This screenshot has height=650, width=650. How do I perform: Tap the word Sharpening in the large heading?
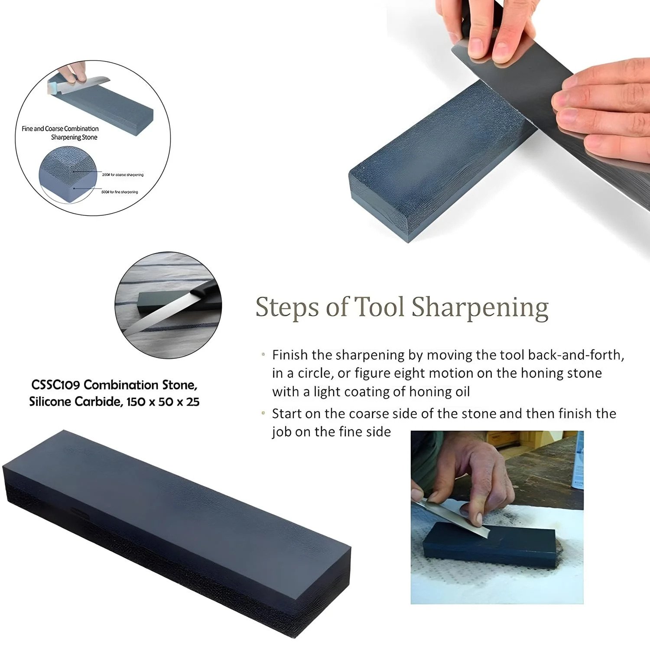click(x=480, y=308)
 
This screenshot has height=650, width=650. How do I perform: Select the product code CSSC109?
click(x=55, y=385)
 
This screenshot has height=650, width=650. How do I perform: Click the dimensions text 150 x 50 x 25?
click(x=163, y=402)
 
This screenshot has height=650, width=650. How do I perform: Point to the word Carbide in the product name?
click(x=98, y=402)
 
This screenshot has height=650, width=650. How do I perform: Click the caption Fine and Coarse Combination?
click(x=60, y=129)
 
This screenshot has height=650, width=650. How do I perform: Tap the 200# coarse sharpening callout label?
click(x=123, y=175)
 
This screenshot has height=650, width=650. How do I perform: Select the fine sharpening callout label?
click(x=120, y=192)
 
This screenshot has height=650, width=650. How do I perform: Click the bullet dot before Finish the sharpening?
click(x=263, y=355)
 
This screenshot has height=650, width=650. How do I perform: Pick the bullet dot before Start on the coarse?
click(x=263, y=413)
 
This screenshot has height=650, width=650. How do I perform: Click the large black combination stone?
click(x=173, y=529)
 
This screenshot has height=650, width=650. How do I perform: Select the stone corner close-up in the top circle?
click(x=65, y=173)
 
